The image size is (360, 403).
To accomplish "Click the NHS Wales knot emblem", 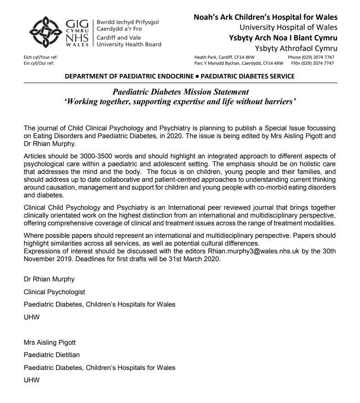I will [45, 32].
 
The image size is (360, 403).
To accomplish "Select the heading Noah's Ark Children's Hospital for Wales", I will [265, 17].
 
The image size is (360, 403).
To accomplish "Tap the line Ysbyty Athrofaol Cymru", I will [296, 49].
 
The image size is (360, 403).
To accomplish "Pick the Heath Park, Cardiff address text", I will [222, 57].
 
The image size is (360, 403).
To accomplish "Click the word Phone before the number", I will [294, 57].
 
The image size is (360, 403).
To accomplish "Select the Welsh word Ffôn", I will [296, 63].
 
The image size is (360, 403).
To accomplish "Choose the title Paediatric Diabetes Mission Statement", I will [180, 92].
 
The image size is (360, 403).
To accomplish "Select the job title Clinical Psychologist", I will [54, 291].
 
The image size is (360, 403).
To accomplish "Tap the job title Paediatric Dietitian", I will [51, 355].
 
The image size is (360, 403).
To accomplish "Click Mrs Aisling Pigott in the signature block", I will [50, 342].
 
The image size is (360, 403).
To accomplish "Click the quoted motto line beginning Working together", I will [180, 102].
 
